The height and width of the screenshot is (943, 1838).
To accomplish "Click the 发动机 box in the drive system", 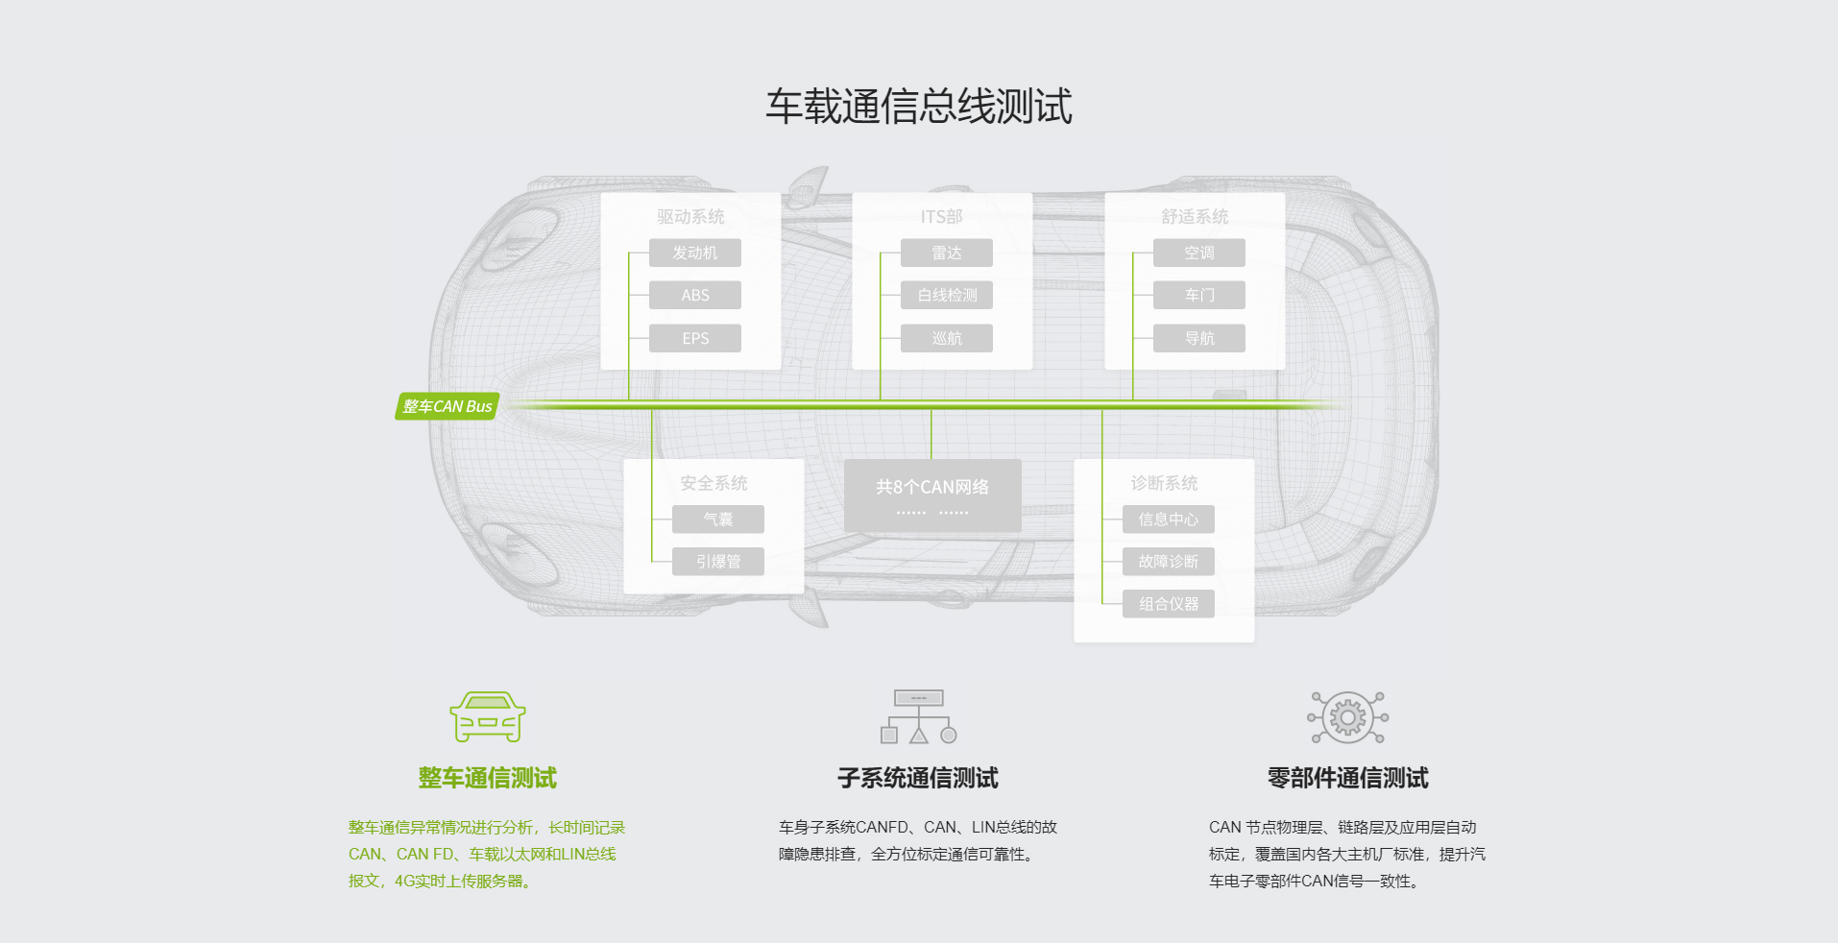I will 694,253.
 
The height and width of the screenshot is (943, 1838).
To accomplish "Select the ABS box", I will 694,295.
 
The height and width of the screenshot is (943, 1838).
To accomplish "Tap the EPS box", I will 694,338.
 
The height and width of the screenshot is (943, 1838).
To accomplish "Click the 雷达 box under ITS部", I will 946,253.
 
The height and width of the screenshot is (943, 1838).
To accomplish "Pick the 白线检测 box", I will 946,295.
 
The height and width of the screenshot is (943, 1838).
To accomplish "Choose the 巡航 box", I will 946,338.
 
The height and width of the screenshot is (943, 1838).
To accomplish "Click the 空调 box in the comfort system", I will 1198,253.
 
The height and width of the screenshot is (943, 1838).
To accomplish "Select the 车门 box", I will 1198,295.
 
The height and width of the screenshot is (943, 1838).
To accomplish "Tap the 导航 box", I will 1198,338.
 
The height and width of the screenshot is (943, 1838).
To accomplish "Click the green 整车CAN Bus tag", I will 447,406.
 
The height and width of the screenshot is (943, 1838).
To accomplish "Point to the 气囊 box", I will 717,520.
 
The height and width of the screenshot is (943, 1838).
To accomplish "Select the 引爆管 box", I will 717,562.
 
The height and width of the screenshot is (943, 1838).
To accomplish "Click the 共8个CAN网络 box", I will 932,495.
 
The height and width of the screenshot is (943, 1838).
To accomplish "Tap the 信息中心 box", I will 1168,520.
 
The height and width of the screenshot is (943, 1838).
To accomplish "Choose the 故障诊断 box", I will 1168,562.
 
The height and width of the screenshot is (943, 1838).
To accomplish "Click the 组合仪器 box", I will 1168,604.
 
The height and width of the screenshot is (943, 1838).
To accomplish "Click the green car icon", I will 487,716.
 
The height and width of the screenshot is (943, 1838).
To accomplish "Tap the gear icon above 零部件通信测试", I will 1347,717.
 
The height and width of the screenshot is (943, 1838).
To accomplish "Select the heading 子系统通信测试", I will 917,778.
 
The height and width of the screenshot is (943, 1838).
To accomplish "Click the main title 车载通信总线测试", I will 918,106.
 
